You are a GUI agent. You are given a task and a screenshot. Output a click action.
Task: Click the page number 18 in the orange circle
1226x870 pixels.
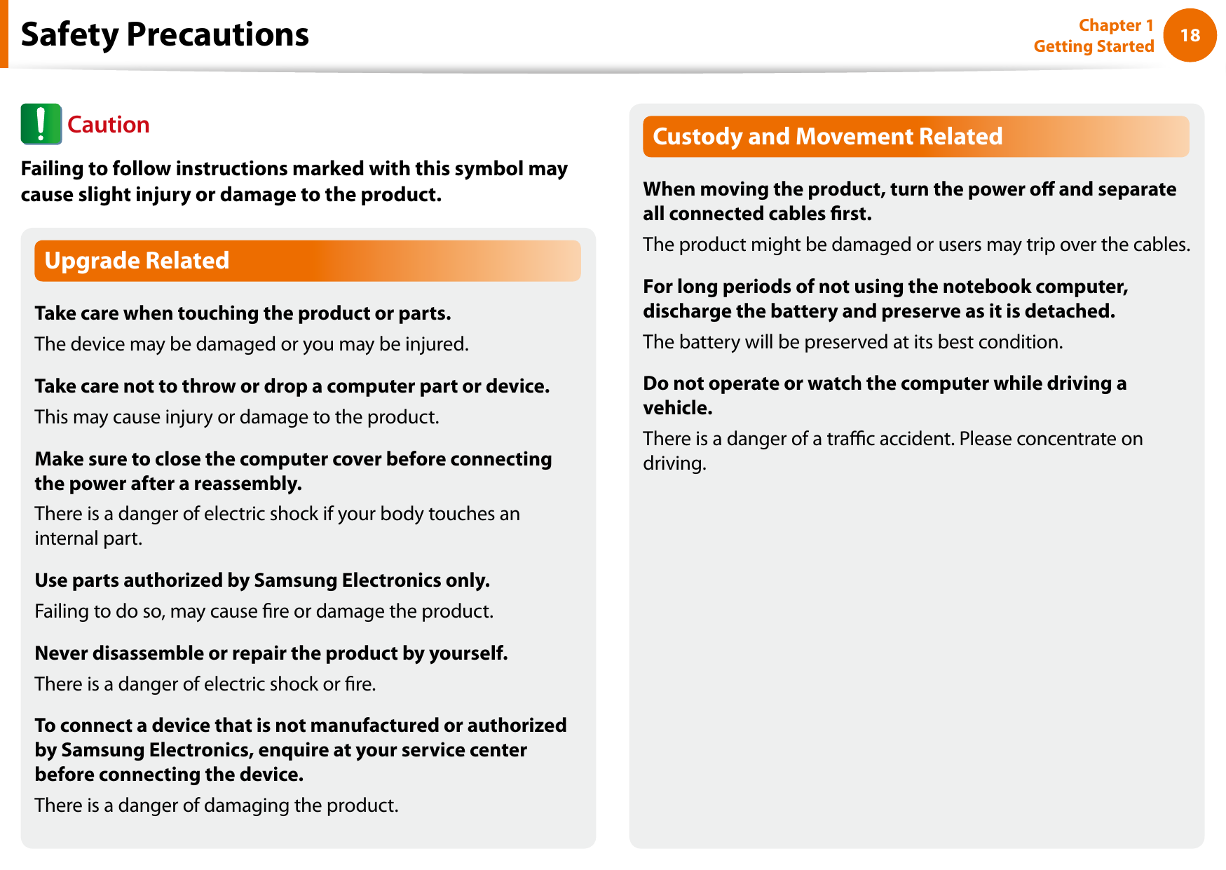point(1190,35)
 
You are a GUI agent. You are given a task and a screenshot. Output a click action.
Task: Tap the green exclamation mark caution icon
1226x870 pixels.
point(41,124)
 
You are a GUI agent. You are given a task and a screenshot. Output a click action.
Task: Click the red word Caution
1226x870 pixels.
point(108,125)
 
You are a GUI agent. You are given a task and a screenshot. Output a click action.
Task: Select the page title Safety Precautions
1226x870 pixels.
point(165,34)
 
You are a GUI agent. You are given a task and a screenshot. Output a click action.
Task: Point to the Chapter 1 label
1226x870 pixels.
point(1115,25)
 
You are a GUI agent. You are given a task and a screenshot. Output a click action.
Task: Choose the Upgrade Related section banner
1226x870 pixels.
point(307,261)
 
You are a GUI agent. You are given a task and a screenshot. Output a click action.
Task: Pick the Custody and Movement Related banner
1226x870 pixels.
point(915,136)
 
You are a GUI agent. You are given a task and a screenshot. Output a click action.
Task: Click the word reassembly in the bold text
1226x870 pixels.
point(247,484)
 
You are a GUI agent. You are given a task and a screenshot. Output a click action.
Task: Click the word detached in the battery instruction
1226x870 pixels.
point(1068,311)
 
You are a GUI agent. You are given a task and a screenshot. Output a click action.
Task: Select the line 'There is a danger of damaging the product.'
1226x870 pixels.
point(216,806)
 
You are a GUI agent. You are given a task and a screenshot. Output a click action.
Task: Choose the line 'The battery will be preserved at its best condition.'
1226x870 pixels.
point(852,342)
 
